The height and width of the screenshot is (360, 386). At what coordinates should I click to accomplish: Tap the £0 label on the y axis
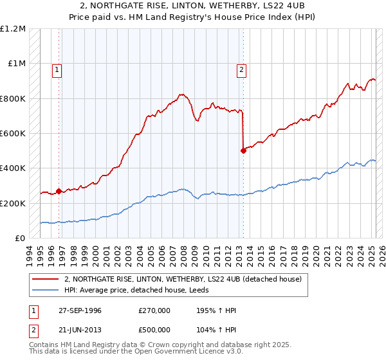point(20,239)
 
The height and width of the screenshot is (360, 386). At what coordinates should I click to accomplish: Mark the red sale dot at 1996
point(59,191)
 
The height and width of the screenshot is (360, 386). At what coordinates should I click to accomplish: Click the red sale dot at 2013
point(243,151)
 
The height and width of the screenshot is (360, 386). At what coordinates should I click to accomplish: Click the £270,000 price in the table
point(154,310)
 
